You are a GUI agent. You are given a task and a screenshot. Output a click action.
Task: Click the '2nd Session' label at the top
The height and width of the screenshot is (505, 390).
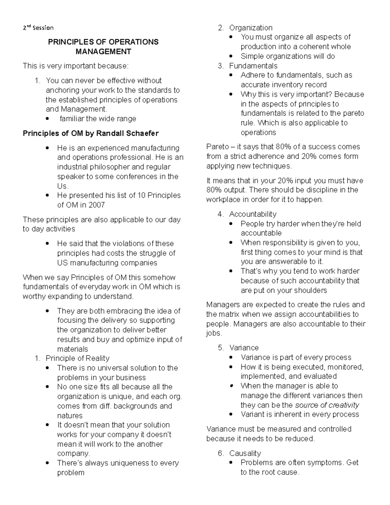click(38, 28)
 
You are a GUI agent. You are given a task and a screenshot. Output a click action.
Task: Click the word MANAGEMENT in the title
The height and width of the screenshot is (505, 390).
click(103, 52)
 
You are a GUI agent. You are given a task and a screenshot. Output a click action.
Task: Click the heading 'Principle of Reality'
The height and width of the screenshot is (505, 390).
click(77, 358)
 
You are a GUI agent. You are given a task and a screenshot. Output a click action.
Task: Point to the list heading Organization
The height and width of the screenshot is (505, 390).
click(251, 28)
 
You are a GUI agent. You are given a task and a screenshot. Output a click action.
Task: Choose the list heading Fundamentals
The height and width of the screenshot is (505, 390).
click(253, 66)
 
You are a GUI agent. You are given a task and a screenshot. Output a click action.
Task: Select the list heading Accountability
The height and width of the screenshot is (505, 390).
click(253, 214)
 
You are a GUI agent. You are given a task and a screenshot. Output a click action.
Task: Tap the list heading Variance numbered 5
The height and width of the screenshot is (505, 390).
click(244, 348)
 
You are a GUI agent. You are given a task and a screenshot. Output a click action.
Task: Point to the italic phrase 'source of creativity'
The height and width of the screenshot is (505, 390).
click(327, 405)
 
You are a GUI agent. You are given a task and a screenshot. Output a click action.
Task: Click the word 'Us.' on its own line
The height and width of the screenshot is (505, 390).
click(63, 186)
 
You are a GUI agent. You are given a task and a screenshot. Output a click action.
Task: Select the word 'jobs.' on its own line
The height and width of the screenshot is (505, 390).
click(214, 333)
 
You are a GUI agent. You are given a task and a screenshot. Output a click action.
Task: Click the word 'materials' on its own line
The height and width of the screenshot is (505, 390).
click(72, 349)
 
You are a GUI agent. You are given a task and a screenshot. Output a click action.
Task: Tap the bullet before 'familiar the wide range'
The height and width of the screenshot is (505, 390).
click(48, 119)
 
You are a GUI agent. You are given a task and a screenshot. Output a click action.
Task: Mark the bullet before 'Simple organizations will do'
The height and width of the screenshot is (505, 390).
click(231, 56)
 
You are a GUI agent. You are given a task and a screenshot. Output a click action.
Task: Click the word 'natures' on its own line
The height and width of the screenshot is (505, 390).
click(70, 416)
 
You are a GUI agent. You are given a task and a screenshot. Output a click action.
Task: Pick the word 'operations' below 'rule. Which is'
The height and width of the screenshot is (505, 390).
click(258, 132)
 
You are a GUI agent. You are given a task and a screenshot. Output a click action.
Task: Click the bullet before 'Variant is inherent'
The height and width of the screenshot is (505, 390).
click(231, 415)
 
